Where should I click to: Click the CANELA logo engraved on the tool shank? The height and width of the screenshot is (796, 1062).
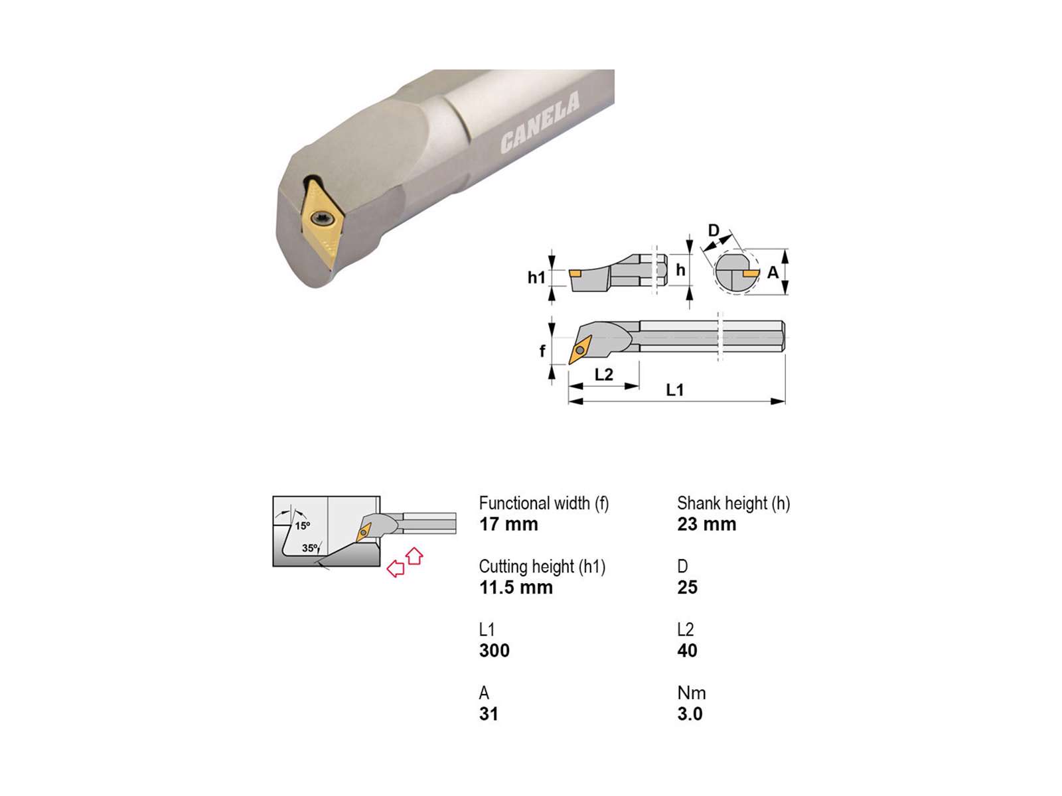click(540, 123)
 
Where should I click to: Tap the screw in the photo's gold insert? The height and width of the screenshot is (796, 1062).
click(321, 219)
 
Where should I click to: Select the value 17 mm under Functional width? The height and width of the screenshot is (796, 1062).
click(508, 524)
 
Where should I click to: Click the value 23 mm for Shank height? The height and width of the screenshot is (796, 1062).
click(707, 524)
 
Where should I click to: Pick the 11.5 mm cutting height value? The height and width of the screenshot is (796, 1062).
click(516, 587)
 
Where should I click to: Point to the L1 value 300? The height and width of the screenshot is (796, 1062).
click(494, 651)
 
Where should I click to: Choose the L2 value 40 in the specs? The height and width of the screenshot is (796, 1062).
click(687, 651)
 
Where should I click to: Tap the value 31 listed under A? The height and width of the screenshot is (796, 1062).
click(488, 714)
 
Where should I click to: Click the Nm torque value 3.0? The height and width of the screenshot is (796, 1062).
click(690, 714)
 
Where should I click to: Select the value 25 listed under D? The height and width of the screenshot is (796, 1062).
click(687, 587)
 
